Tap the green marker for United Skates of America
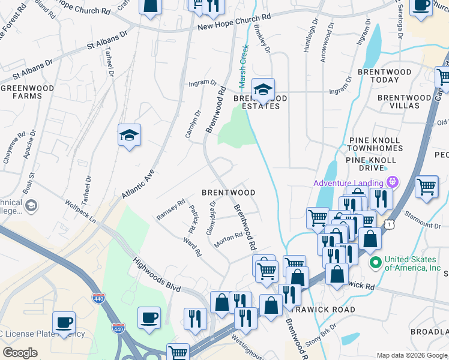pyautogui.click(x=376, y=262)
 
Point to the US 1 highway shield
pyautogui.click(x=391, y=223)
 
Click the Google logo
pyautogui.click(x=20, y=353)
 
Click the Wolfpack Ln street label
pyautogui.click(x=80, y=211)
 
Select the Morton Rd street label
pyautogui.click(x=228, y=239)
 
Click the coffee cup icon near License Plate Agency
pyautogui.click(x=64, y=322)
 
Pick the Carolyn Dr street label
pyautogui.click(x=193, y=123)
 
